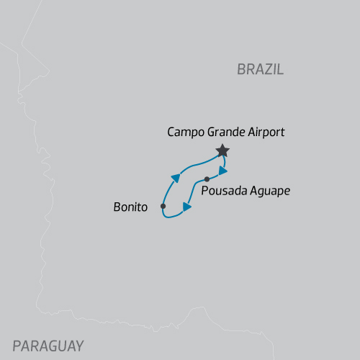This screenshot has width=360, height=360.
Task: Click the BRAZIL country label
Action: [x=261, y=69]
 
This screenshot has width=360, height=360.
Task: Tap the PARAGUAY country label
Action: [x=48, y=345]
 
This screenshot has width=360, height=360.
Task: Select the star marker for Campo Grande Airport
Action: [x=222, y=150]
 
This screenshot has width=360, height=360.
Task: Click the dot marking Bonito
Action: [x=163, y=207]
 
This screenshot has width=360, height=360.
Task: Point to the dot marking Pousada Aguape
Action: [x=207, y=179]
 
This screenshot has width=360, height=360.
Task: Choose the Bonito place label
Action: [x=130, y=207]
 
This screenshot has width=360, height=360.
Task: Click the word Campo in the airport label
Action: [x=184, y=132]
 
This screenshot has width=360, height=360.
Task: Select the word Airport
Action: [x=266, y=132]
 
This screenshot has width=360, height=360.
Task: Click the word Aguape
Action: [x=270, y=192]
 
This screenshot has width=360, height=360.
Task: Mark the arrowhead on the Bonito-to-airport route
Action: [x=176, y=177]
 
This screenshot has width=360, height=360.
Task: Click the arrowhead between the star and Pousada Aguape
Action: [x=223, y=171]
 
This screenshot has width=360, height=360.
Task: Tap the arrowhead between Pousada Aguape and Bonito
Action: [x=187, y=207]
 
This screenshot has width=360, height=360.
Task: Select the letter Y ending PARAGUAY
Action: [x=78, y=345]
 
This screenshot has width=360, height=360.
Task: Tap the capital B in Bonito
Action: [x=117, y=207]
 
